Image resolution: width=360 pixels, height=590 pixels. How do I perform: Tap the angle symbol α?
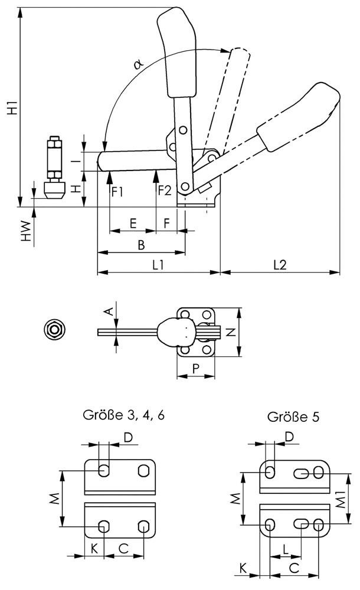pyautogui.click(x=138, y=63)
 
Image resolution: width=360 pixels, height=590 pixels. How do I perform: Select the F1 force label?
pyautogui.click(x=117, y=191)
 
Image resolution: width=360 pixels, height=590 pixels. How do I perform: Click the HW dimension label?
pyautogui.click(x=25, y=231)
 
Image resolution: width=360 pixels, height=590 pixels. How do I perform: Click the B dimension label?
pyautogui.click(x=141, y=244)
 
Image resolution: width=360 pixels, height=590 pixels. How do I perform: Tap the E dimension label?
pyautogui.click(x=133, y=223)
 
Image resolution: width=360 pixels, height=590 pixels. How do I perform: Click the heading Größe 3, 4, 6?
pyautogui.click(x=124, y=415)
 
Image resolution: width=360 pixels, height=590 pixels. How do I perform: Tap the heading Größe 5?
pyautogui.click(x=293, y=417)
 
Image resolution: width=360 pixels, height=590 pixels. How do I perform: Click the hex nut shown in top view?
pyautogui.click(x=55, y=329)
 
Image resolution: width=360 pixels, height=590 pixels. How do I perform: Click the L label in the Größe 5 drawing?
pyautogui.click(x=286, y=549)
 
